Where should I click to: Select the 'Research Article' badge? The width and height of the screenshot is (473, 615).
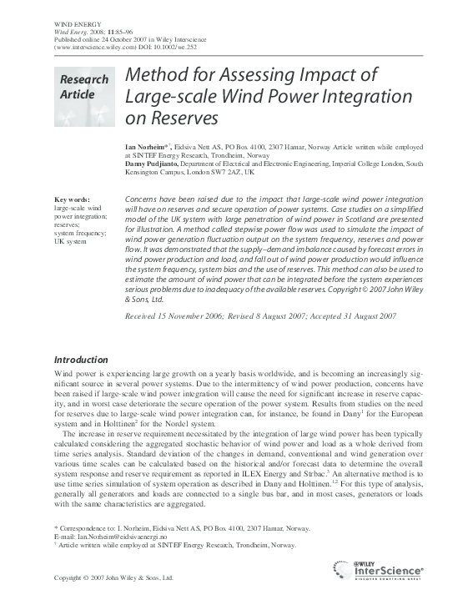coord(83,87)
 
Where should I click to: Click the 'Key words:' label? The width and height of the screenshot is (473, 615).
coord(72,200)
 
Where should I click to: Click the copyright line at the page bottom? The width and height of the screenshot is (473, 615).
coord(113,577)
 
